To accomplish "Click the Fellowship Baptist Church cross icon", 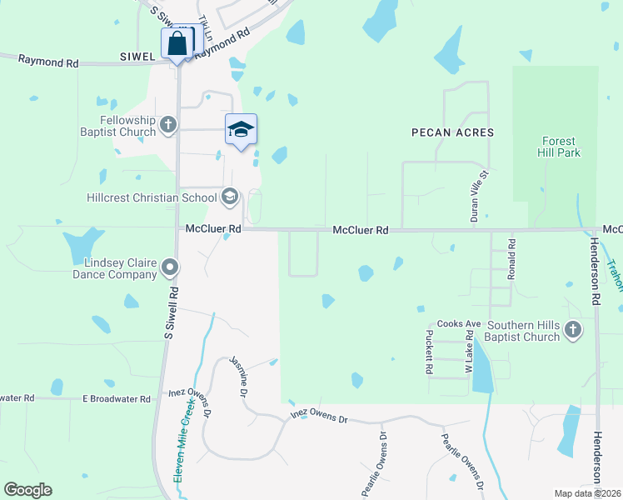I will pyautogui.click(x=168, y=125).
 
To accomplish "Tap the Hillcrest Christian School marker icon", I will pyautogui.click(x=229, y=197).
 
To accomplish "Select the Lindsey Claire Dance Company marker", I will pyautogui.click(x=170, y=267).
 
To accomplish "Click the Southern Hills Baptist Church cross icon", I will pyautogui.click(x=572, y=330).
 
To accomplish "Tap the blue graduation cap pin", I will pyautogui.click(x=241, y=129).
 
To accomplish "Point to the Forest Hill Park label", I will pyautogui.click(x=560, y=147).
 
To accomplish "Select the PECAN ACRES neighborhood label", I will pyautogui.click(x=452, y=132).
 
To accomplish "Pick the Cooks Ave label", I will pyautogui.click(x=460, y=323).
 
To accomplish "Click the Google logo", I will pyautogui.click(x=27, y=490).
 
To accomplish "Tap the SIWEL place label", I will pyautogui.click(x=137, y=57).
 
